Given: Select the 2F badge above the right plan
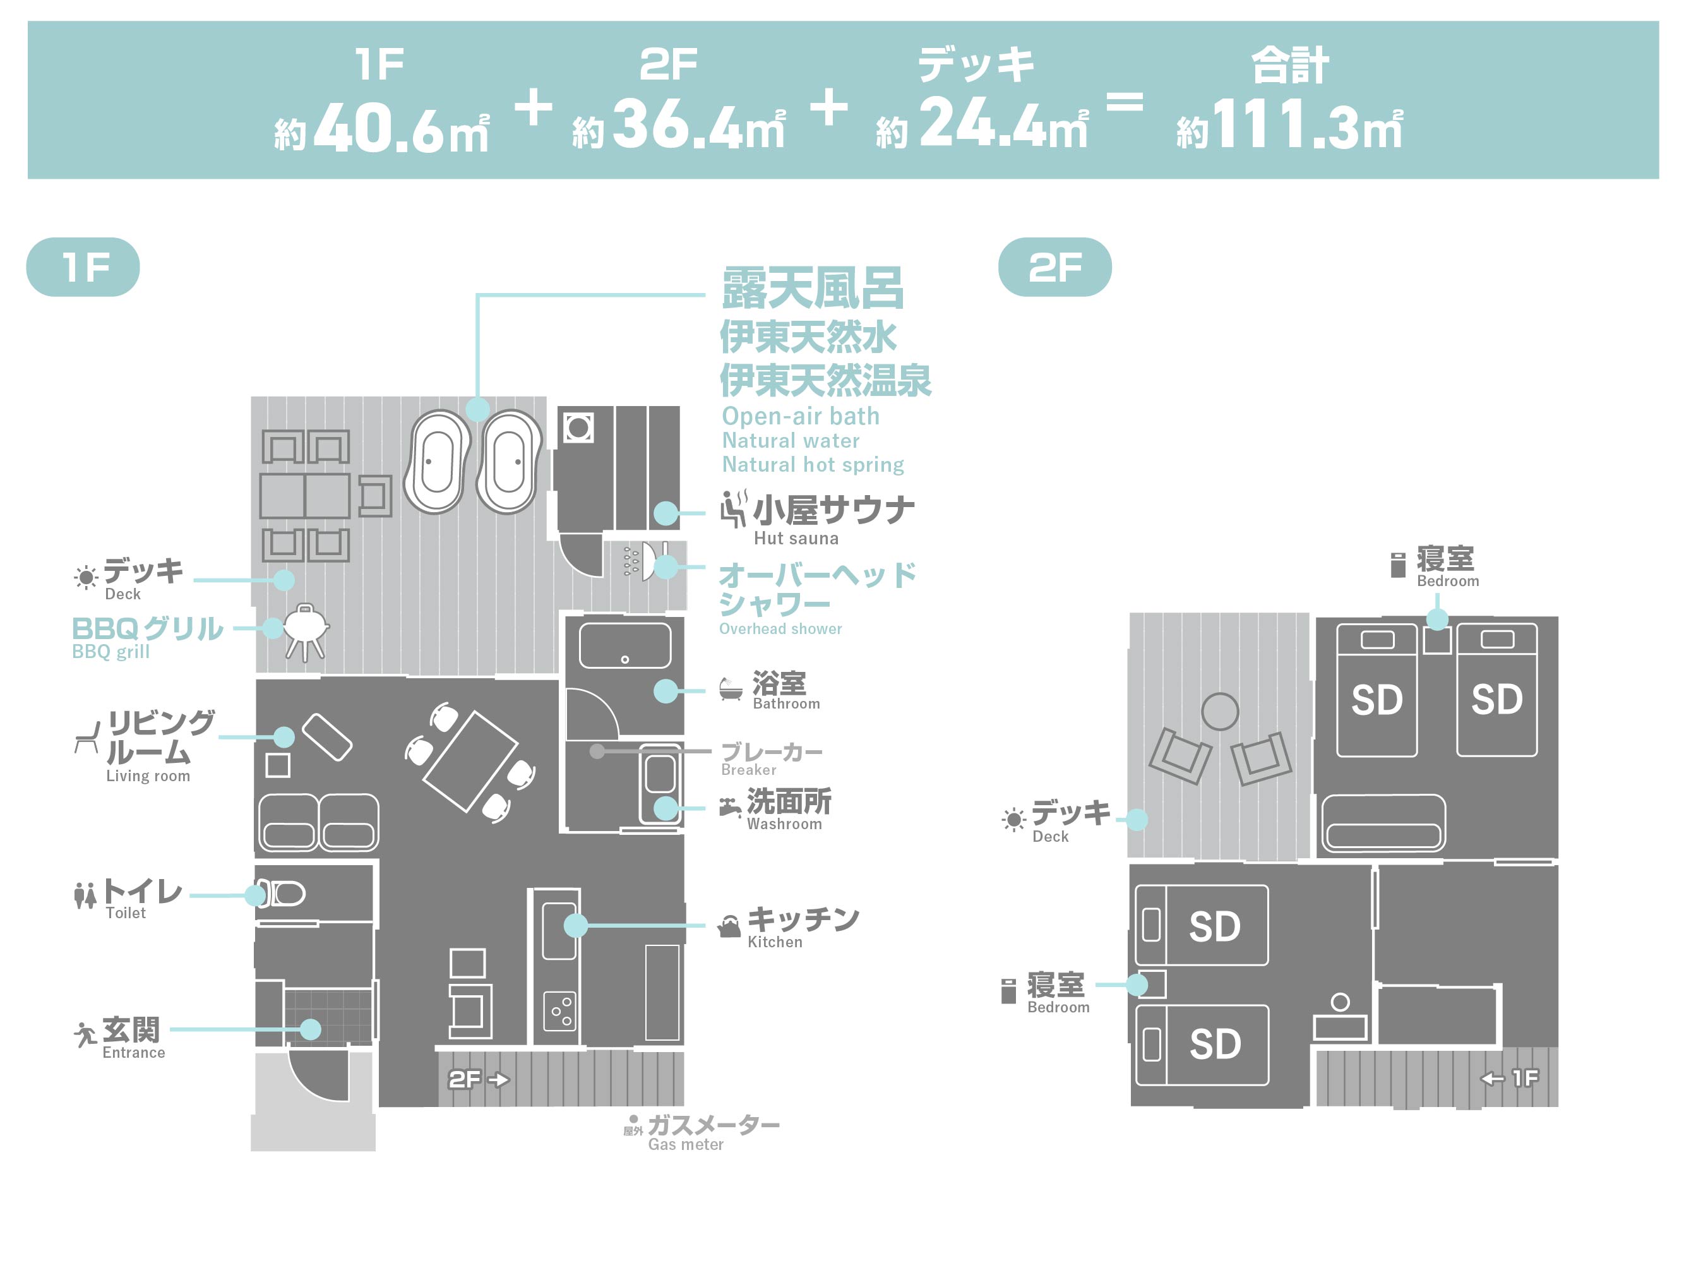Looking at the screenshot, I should point(1054,267).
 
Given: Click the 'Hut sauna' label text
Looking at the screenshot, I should point(796,538).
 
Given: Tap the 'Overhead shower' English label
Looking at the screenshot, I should point(780,629).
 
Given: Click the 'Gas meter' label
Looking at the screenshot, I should point(685,1144).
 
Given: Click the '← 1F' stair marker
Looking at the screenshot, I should point(1510,1077).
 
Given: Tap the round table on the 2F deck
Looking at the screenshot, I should point(1220,712).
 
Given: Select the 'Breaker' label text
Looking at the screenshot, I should point(748,770).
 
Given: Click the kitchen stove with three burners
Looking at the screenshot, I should point(560,1010).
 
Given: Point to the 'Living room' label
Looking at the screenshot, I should point(148,775).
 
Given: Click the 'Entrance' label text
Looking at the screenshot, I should point(133,1052).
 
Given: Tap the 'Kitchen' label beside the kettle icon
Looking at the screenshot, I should point(774,942).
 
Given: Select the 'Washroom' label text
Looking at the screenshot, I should point(784,823).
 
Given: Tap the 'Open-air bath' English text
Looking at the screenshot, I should point(800,416).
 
